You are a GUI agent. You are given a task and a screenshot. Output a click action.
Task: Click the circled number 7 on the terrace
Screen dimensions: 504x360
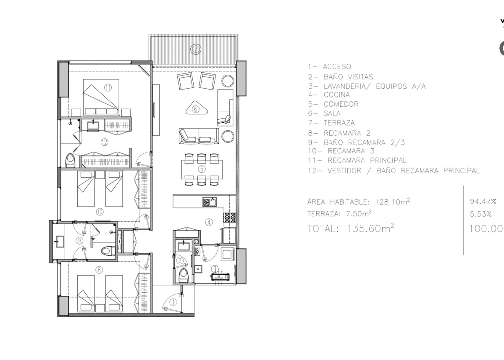pos(195,49)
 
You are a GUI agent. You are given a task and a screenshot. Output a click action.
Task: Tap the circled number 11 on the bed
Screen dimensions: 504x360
pos(108,87)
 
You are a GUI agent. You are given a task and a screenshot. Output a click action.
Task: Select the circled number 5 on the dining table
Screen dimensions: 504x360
pos(202,169)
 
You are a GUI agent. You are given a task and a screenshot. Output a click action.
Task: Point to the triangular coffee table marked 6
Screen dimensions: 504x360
pos(196,108)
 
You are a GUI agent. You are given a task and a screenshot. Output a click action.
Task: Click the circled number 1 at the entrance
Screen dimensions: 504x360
pos(173,302)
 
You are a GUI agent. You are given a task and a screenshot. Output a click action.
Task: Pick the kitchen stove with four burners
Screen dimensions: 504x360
pos(230,217)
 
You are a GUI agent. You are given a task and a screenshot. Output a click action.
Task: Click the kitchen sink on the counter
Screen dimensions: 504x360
pos(210,202)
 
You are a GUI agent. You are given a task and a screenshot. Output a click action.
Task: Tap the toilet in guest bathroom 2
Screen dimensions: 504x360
pos(184,276)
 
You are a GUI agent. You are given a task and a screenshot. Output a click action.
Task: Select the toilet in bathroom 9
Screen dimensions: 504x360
pos(108,251)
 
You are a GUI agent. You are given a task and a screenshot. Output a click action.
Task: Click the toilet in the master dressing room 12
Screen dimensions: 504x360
pos(70,160)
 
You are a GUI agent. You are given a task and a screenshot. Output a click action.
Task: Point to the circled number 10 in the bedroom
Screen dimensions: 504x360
pos(100,212)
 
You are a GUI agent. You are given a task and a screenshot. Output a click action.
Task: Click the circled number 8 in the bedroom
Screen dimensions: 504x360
pos(99,270)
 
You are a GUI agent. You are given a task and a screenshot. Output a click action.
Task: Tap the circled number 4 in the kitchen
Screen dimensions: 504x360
pos(209,222)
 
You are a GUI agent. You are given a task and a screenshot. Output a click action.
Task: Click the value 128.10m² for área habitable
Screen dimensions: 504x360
pos(392,201)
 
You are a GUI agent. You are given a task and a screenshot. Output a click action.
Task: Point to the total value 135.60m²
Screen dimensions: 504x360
pos(370,228)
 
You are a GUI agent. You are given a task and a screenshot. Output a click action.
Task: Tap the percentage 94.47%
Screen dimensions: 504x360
pos(483,201)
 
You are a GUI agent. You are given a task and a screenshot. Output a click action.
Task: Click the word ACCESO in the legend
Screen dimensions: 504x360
pos(337,67)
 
